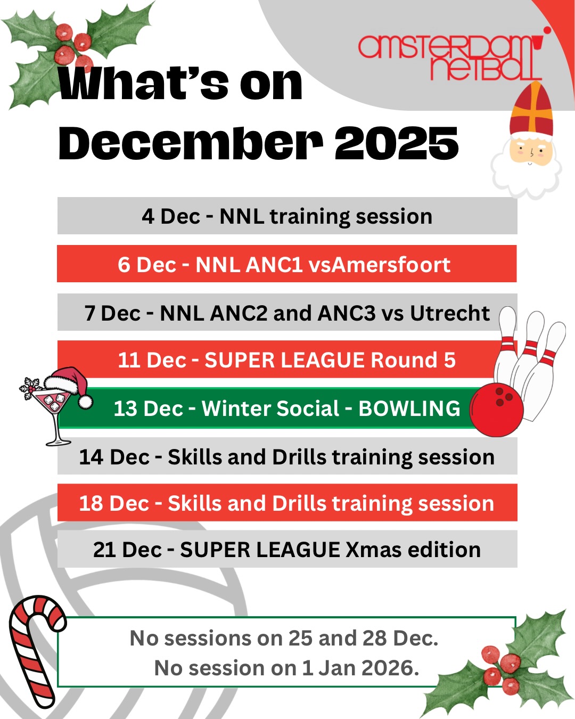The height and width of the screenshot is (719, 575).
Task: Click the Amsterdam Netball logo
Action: [450, 58]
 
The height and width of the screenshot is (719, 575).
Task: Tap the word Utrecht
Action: [450, 313]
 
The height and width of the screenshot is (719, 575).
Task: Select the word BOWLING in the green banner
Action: [409, 408]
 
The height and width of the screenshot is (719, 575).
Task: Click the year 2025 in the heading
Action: [397, 144]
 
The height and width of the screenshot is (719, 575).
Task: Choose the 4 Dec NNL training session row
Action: [287, 216]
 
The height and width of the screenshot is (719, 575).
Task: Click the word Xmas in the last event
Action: [373, 550]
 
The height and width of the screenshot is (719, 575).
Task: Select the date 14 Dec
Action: [114, 457]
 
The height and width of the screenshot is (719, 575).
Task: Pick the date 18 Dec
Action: [114, 503]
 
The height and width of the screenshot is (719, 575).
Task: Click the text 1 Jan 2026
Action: [360, 668]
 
